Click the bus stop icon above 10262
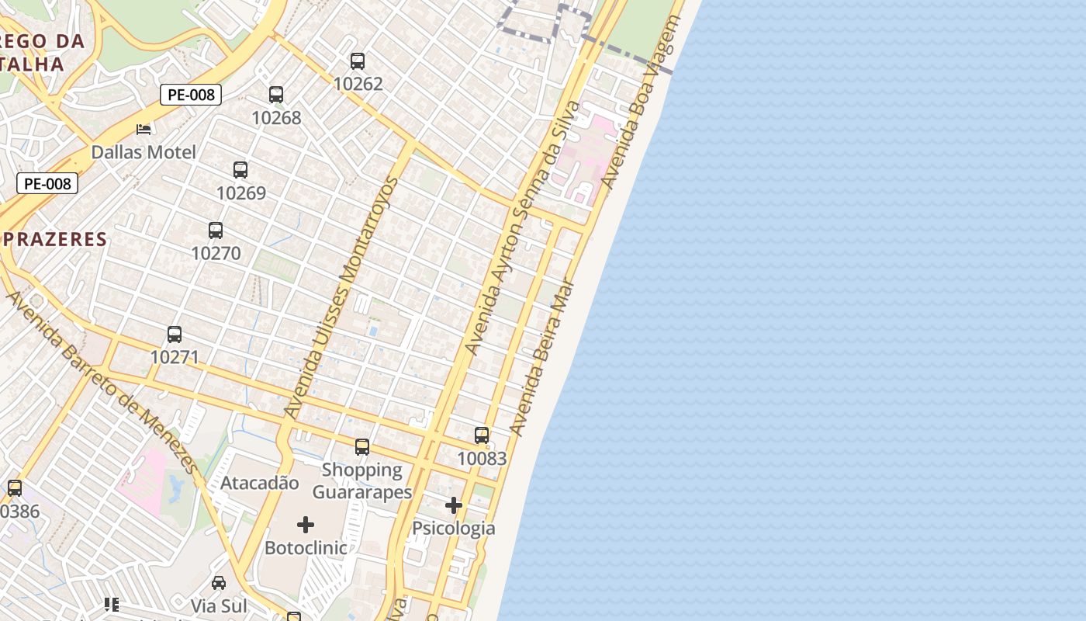358,61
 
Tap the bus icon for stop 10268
276,95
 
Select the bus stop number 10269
240,193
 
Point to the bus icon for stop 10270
216,231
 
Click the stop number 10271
175,357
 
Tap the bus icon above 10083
482,435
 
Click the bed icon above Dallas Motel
144,129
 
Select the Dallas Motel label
144,152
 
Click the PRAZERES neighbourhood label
54,239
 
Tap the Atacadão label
259,483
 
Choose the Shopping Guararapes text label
362,481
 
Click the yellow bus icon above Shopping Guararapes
362,447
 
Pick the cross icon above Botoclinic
306,525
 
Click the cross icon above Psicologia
454,506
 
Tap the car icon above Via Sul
219,583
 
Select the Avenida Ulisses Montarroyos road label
341,298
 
